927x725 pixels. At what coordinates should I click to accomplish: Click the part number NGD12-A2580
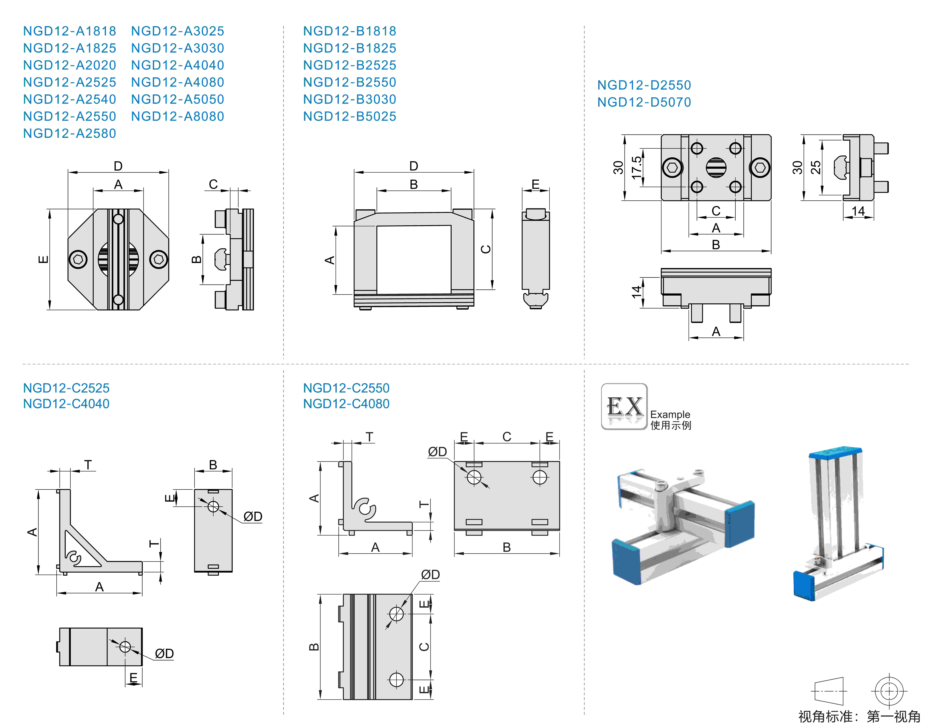pyautogui.click(x=70, y=133)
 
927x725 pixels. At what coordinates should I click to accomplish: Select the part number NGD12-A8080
pyautogui.click(x=177, y=116)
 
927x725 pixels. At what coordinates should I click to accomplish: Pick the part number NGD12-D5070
pyautogui.click(x=644, y=102)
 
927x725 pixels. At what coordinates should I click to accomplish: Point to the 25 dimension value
pyautogui.click(x=815, y=167)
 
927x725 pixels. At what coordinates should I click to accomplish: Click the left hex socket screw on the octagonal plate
pyautogui.click(x=78, y=259)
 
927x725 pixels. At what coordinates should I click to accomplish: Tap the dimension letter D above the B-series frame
pyautogui.click(x=413, y=166)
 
